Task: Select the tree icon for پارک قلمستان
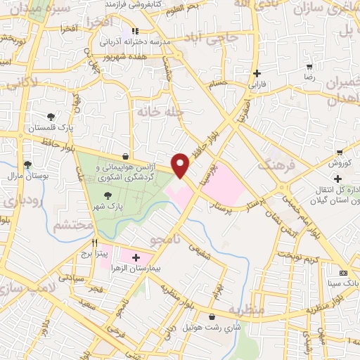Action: [50, 117]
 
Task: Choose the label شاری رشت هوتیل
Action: [213, 328]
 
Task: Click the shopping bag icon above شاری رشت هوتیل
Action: [213, 317]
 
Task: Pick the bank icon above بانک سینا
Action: [342, 273]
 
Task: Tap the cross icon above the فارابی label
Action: [257, 73]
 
